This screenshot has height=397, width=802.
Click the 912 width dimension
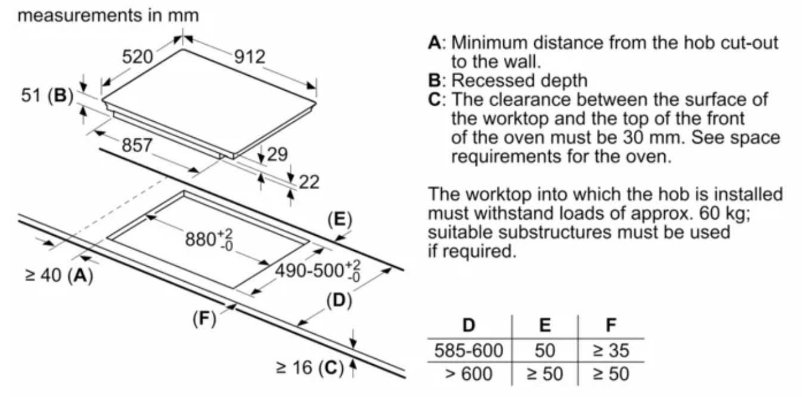(250, 57)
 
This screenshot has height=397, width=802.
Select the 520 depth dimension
(137, 57)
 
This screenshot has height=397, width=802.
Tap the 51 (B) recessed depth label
(47, 96)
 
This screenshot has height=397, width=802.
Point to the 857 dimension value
(137, 145)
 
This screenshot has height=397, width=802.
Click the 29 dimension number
(277, 155)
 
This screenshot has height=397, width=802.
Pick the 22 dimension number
(309, 182)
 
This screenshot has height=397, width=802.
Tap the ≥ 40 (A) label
(59, 276)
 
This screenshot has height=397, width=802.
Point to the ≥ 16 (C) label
(310, 368)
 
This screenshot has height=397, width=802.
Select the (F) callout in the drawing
(205, 318)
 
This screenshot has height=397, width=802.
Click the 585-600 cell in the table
(469, 350)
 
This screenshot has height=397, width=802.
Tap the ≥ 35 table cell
(611, 350)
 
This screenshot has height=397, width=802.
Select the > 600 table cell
(469, 374)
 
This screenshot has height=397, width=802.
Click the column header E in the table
(545, 325)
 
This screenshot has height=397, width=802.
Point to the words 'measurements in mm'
(108, 16)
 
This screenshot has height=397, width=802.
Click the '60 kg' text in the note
(724, 213)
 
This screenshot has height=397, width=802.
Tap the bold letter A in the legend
(435, 42)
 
